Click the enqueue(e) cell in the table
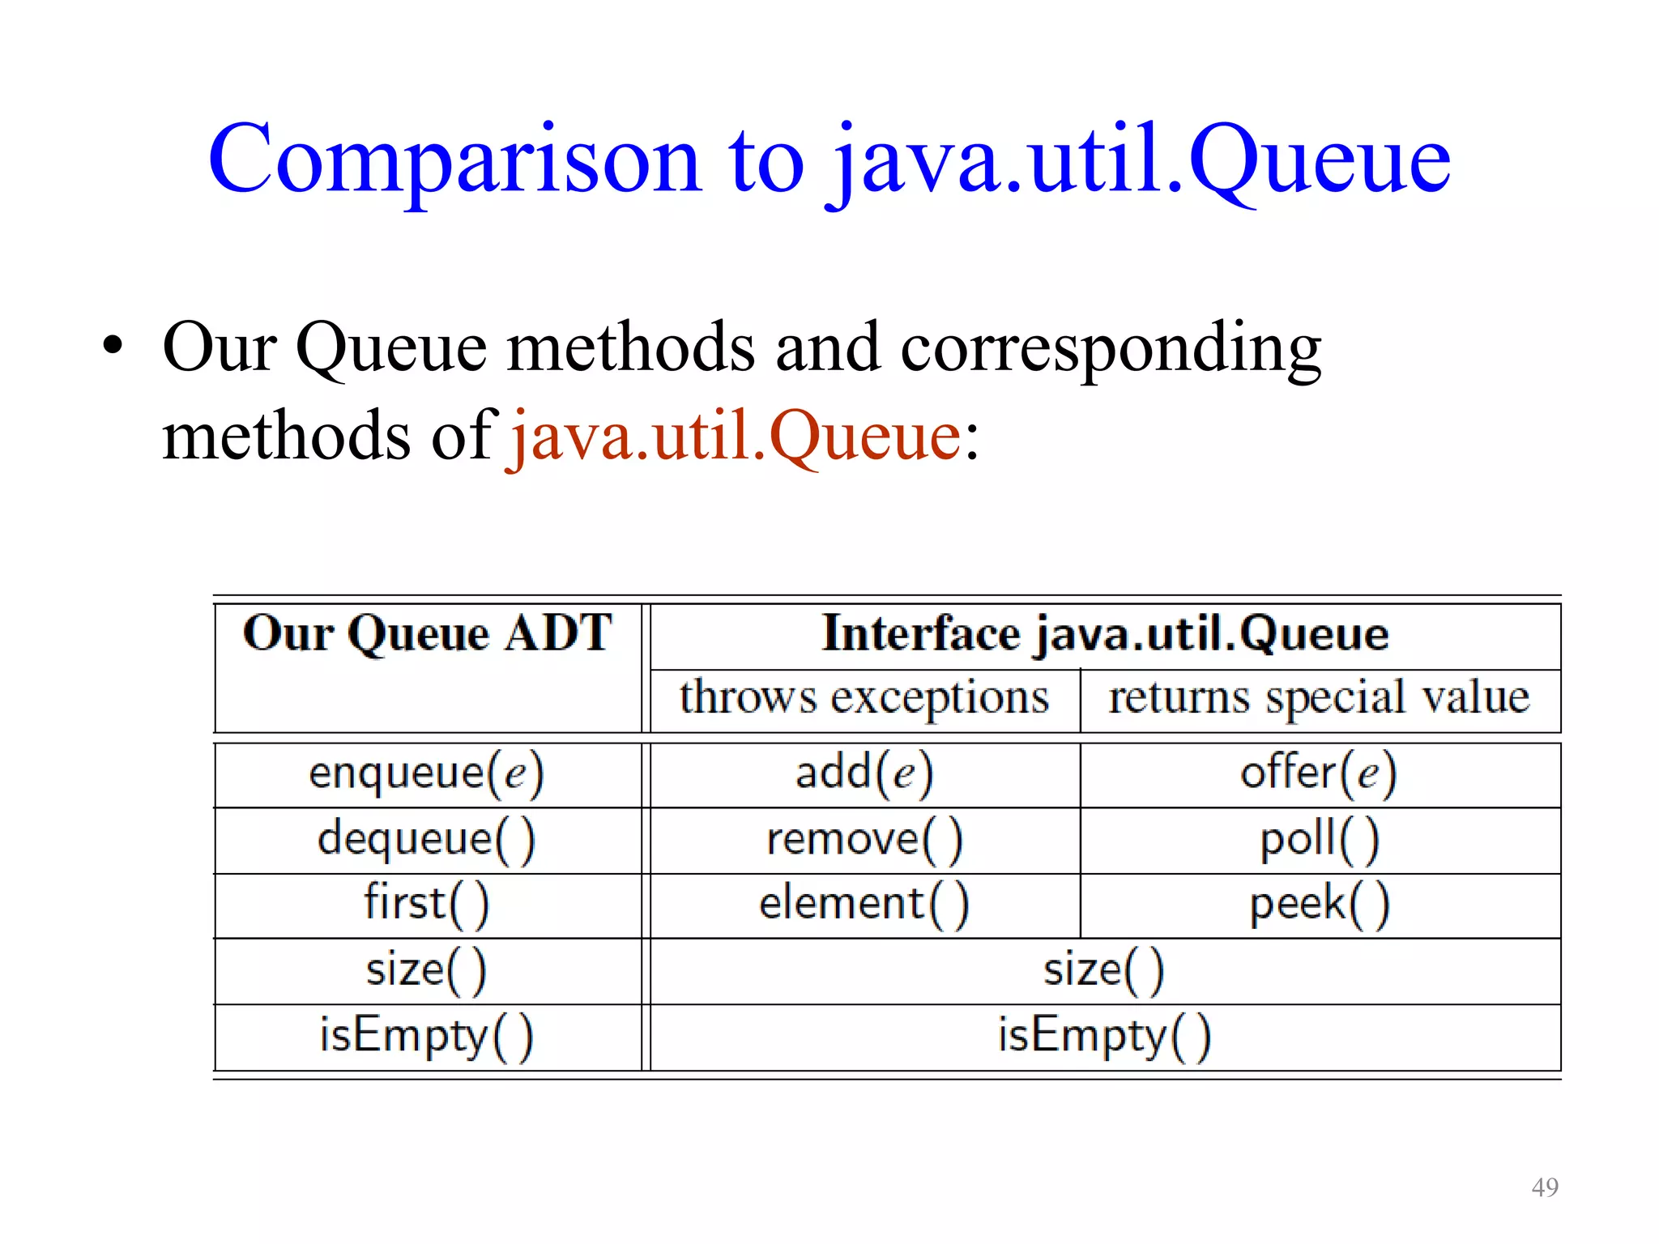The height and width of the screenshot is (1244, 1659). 427,773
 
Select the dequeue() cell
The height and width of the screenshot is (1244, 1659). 427,840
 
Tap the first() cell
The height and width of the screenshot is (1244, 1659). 427,905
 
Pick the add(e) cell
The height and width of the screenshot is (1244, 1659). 864,773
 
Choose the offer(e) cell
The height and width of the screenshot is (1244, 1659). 1319,773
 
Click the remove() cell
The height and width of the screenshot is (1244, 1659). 864,840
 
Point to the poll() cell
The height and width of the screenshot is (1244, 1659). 1319,840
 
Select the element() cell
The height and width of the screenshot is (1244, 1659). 864,905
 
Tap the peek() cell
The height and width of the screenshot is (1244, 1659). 1319,905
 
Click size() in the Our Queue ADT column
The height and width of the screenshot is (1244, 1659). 427,970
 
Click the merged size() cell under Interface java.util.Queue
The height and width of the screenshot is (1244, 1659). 1104,970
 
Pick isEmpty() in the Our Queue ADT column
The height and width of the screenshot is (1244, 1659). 427,1037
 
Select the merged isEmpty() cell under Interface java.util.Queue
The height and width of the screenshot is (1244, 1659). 1104,1037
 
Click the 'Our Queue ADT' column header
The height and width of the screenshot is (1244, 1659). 427,633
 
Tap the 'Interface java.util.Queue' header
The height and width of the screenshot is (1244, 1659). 1105,633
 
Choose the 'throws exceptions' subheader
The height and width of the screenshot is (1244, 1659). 864,698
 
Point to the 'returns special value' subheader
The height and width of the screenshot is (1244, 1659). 1319,698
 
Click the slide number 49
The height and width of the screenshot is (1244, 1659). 1545,1187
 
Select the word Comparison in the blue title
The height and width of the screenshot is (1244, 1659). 454,160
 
